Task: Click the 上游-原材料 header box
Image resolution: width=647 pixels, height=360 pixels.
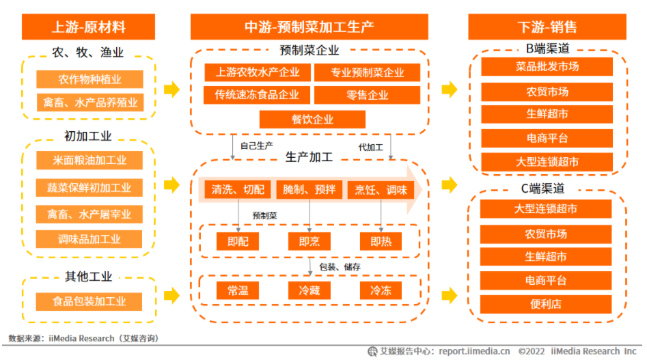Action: [89, 27]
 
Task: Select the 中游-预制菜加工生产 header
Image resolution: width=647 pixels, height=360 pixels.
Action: [309, 27]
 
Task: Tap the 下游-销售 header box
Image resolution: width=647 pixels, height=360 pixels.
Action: [547, 27]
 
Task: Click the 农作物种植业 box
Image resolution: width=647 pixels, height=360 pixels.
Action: [90, 79]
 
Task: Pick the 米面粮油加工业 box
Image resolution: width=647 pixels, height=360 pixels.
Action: [90, 161]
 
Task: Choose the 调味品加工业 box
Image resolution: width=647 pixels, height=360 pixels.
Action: [90, 239]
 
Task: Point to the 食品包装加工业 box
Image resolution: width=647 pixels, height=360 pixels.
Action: [90, 301]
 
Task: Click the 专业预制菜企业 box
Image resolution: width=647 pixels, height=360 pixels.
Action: [368, 72]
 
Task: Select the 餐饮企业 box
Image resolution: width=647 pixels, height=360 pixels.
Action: [312, 120]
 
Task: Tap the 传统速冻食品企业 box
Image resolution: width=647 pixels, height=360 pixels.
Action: [257, 96]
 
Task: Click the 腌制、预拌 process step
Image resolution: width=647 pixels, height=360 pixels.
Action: [309, 190]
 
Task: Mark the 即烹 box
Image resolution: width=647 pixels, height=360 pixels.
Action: [309, 241]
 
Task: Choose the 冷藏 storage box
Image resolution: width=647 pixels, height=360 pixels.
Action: [309, 290]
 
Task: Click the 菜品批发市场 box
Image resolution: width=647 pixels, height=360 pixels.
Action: [547, 67]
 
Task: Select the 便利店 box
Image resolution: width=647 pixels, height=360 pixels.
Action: [547, 304]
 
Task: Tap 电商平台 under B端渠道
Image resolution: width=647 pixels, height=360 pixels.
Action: [547, 138]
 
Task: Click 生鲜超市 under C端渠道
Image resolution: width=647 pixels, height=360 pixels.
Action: [547, 257]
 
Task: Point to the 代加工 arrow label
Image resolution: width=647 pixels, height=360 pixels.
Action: [370, 147]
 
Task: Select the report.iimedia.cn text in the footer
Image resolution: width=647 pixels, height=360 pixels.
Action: [473, 351]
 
